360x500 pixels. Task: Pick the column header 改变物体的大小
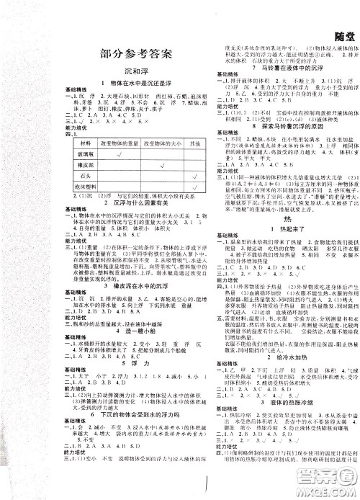(143, 145)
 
